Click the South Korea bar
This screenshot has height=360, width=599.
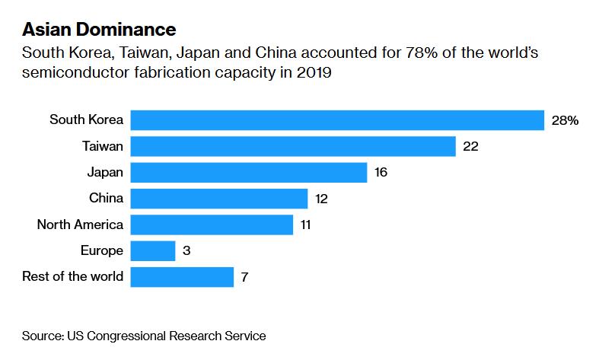[337, 120]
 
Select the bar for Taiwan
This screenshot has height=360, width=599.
[293, 146]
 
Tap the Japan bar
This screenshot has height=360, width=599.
[249, 172]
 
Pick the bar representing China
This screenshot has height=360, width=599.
[219, 199]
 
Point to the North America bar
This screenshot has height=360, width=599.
[212, 225]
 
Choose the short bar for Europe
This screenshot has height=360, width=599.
[153, 250]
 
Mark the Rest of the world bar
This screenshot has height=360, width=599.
[182, 277]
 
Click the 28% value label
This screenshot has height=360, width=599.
[566, 120]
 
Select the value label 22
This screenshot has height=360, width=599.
[470, 146]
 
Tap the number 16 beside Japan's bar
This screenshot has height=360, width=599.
[381, 172]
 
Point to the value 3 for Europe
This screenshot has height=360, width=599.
[186, 250]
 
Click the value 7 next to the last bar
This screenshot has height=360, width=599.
[244, 277]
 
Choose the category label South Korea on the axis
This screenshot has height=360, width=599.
[86, 119]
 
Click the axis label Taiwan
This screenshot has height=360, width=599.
[103, 145]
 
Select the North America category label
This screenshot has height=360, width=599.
[80, 224]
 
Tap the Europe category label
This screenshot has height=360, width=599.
[101, 250]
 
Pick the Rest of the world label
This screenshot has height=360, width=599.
[73, 276]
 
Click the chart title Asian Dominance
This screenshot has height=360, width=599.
[99, 30]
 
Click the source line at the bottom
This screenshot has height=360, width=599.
[144, 335]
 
